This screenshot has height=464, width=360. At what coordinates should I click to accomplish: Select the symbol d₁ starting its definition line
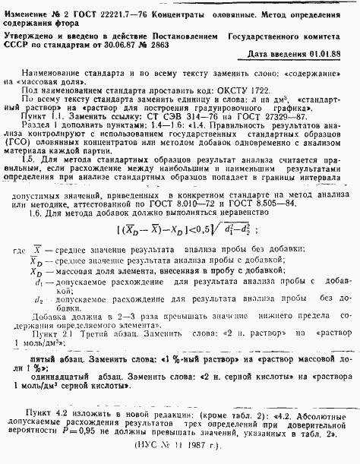pos(36,282)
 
